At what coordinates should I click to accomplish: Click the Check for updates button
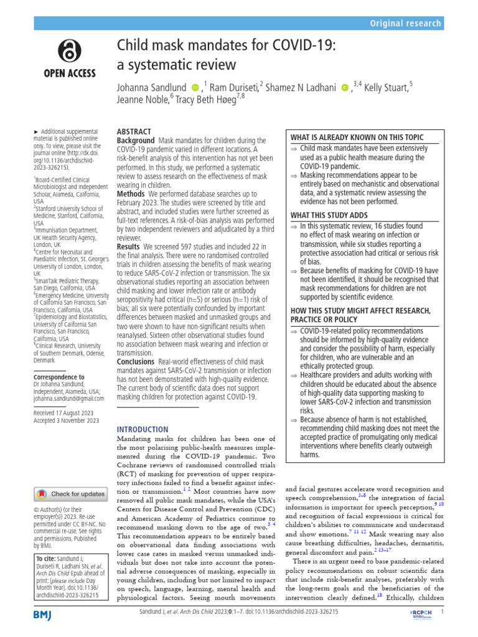72,494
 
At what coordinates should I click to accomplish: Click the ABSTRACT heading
134,131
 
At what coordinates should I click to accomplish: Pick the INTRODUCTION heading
143,429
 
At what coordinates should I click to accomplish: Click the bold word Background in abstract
136,141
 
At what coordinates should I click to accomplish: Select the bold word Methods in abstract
131,194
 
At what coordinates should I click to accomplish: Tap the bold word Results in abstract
129,247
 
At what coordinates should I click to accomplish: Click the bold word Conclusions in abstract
136,361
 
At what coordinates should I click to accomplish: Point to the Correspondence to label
59,377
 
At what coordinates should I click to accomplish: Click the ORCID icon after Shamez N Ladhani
345,88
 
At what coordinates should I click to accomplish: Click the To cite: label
46,559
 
